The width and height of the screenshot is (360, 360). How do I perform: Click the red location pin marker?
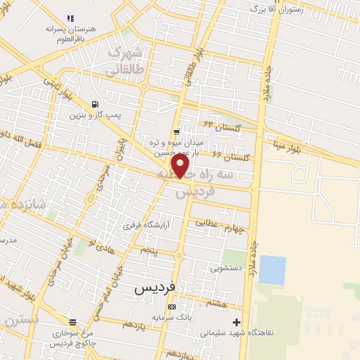(181, 167)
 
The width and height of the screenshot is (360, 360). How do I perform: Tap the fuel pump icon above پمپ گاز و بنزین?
(95, 103)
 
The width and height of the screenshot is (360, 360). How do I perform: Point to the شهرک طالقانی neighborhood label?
(124, 62)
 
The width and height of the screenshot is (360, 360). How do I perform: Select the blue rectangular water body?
(272, 270)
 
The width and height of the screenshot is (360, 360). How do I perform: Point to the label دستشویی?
(226, 268)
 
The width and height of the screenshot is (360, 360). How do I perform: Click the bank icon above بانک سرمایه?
(172, 307)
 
